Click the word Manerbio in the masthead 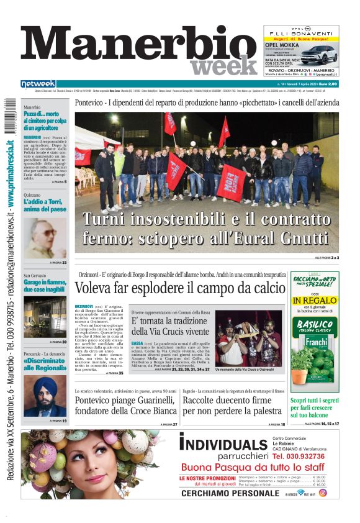(133, 47)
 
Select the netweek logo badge (38, 84)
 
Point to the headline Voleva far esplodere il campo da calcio (180, 288)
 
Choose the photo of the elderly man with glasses (45, 239)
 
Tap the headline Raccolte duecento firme (236, 406)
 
